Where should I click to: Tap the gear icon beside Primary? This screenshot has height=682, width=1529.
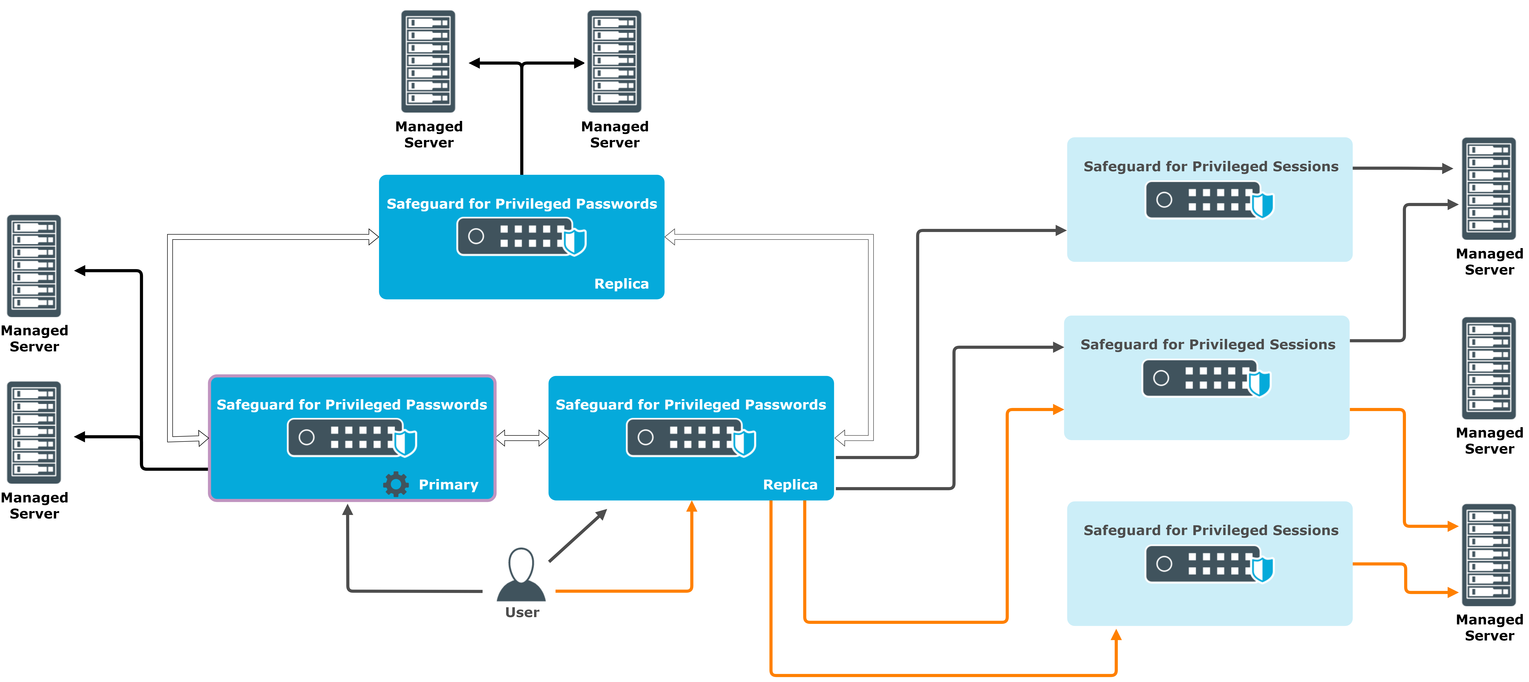tap(396, 484)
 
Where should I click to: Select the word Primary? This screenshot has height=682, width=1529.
tap(448, 485)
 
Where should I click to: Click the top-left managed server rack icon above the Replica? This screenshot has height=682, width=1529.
tap(428, 61)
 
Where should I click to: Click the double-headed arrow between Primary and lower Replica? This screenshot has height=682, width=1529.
tap(522, 438)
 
